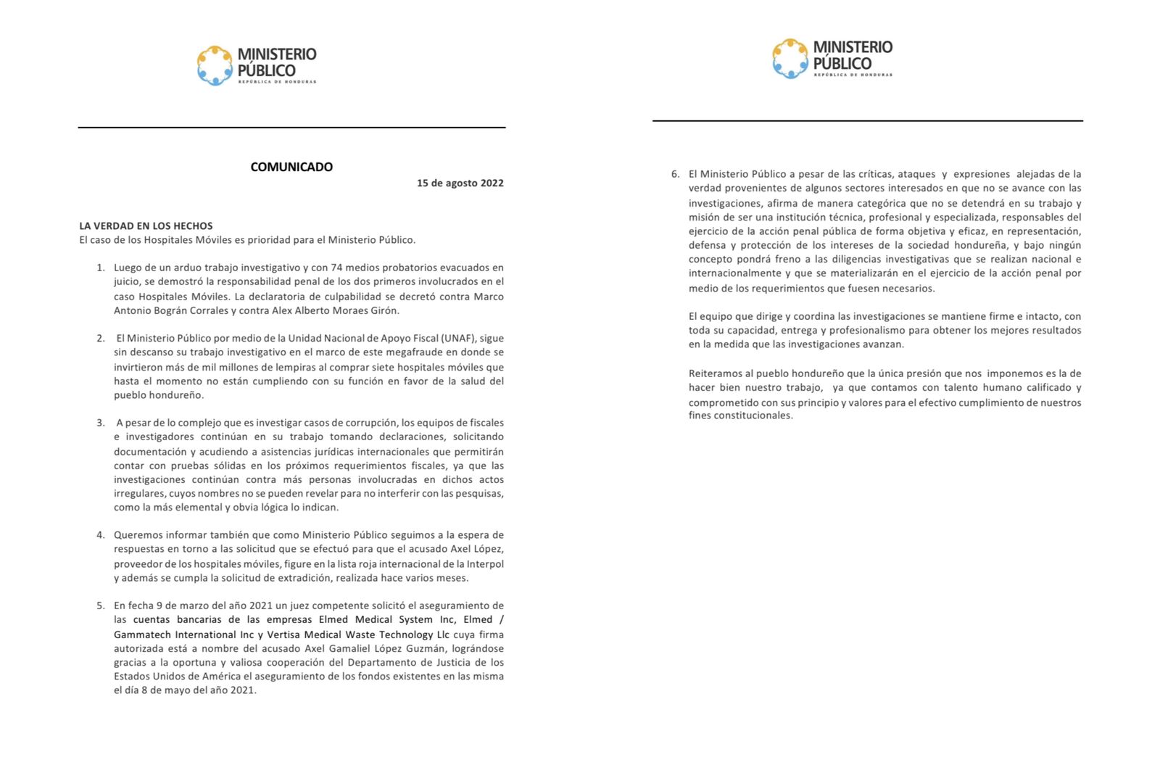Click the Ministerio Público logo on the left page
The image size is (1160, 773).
(x=256, y=65)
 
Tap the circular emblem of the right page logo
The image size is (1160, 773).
(x=790, y=59)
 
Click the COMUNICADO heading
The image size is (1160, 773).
(x=291, y=167)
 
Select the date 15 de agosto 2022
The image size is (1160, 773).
(x=460, y=183)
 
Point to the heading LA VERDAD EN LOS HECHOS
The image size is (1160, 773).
(x=146, y=226)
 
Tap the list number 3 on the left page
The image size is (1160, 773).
(x=101, y=423)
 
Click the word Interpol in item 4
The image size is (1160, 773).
(x=484, y=563)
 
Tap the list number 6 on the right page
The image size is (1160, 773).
(x=675, y=174)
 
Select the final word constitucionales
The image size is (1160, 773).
(x=752, y=416)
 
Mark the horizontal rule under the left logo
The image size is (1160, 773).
(x=291, y=128)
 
